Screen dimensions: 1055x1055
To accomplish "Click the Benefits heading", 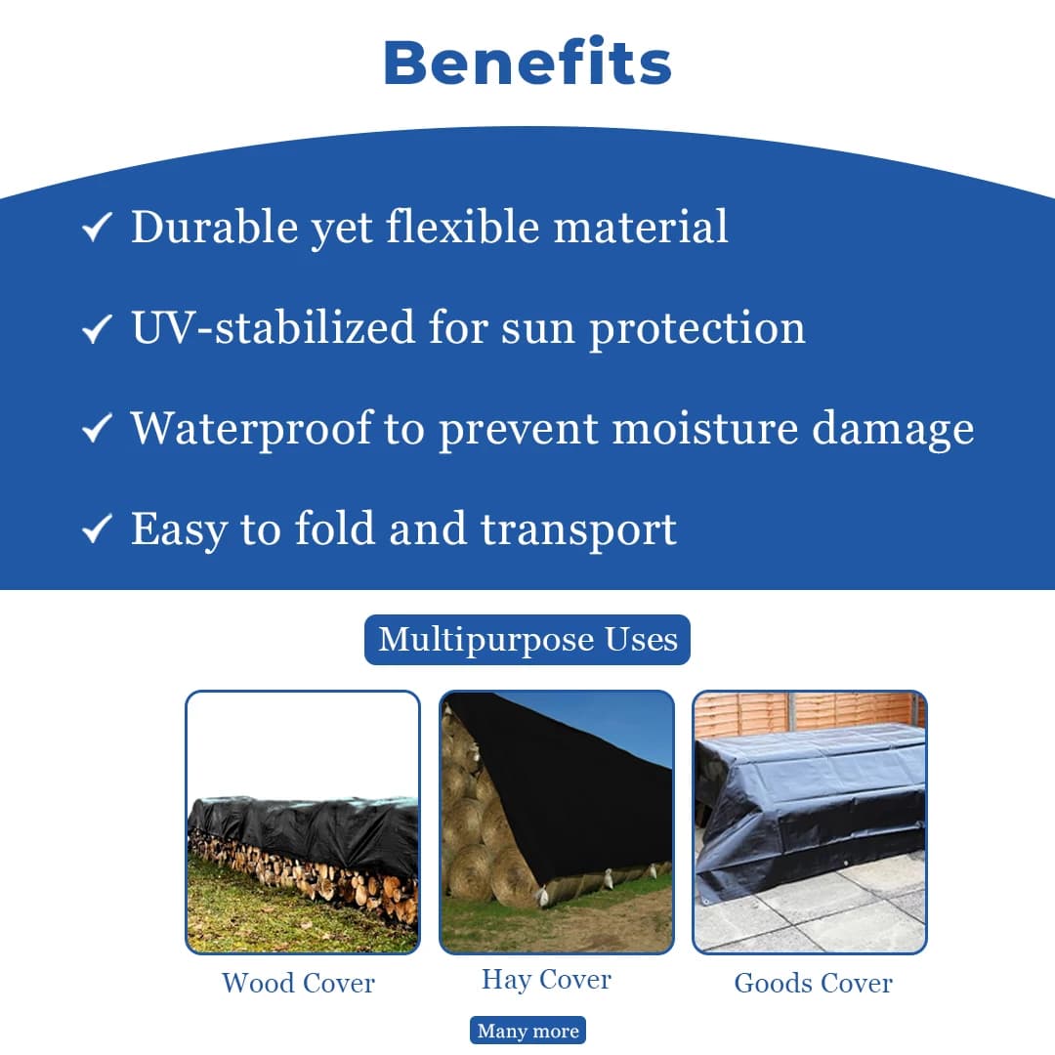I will (527, 63).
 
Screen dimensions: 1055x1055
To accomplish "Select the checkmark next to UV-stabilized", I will (96, 330).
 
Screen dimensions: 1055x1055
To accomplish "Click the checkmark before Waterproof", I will (96, 430).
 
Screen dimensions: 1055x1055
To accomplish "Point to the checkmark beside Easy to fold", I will (96, 530).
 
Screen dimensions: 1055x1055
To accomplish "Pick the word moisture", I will (704, 428).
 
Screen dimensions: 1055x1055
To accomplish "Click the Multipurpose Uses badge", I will (527, 640).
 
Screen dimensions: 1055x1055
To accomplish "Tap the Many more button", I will (527, 1031).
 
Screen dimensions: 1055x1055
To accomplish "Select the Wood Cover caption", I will (298, 982).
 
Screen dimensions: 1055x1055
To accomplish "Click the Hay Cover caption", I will (546, 980).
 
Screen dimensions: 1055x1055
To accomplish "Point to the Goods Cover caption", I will (813, 982).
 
